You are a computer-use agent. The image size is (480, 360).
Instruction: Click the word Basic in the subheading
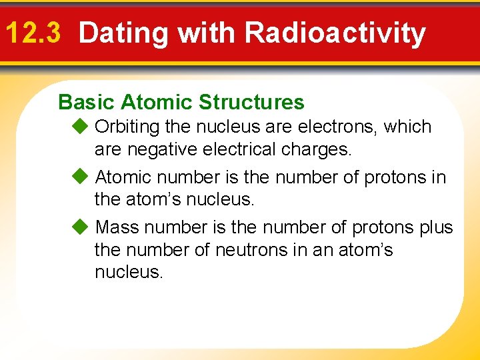point(86,102)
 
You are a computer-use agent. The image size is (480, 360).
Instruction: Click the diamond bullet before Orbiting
point(80,126)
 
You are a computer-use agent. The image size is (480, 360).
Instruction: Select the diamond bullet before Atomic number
point(80,177)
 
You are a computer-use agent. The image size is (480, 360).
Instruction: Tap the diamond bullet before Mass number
point(80,227)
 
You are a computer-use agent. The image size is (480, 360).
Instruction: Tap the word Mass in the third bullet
point(117,227)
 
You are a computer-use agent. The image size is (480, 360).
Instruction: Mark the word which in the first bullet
point(409,127)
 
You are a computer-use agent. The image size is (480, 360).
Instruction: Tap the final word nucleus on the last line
point(128,273)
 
